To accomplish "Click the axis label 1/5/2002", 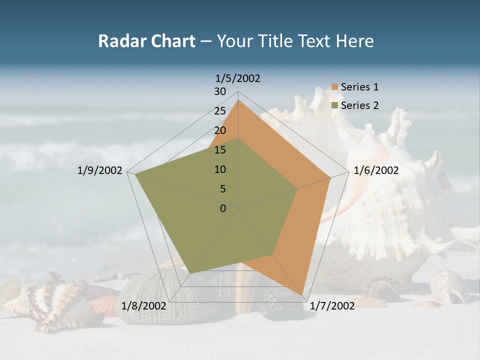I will (237, 78).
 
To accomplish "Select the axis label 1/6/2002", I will (376, 170).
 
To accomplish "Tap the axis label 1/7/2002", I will (332, 305).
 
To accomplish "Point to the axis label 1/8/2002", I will (143, 305).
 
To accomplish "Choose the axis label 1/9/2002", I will (100, 170).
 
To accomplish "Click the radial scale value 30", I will (220, 91).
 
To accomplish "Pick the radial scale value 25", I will (220, 111).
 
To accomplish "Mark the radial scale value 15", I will (220, 150).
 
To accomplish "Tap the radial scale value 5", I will (222, 189).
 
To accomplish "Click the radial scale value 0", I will (223, 208).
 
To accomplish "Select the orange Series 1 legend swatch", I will (335, 87).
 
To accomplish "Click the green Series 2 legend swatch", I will (335, 105).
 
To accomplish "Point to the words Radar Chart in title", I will (146, 41).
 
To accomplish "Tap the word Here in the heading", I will (354, 41).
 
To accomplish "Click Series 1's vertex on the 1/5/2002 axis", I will (238, 99).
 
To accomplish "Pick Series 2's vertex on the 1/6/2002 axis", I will (297, 188).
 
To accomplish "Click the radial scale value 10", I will (220, 169).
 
